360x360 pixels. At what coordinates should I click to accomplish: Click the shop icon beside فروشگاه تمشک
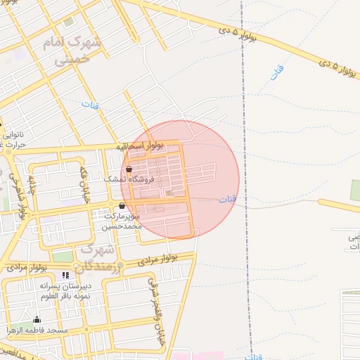(x=129, y=169)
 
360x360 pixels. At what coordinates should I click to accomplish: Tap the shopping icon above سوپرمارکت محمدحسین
(x=123, y=206)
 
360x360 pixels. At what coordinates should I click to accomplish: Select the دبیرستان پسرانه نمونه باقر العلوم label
(x=64, y=292)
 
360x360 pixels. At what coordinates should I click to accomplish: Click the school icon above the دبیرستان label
(x=65, y=276)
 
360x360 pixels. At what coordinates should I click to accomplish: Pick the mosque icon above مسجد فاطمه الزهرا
(x=37, y=320)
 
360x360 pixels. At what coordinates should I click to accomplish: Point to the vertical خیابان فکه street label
(x=84, y=185)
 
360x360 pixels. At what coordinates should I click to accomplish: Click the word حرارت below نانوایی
(x=14, y=145)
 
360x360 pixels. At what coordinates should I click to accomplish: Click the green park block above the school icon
(x=63, y=257)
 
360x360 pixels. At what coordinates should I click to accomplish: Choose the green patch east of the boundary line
(x=355, y=190)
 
